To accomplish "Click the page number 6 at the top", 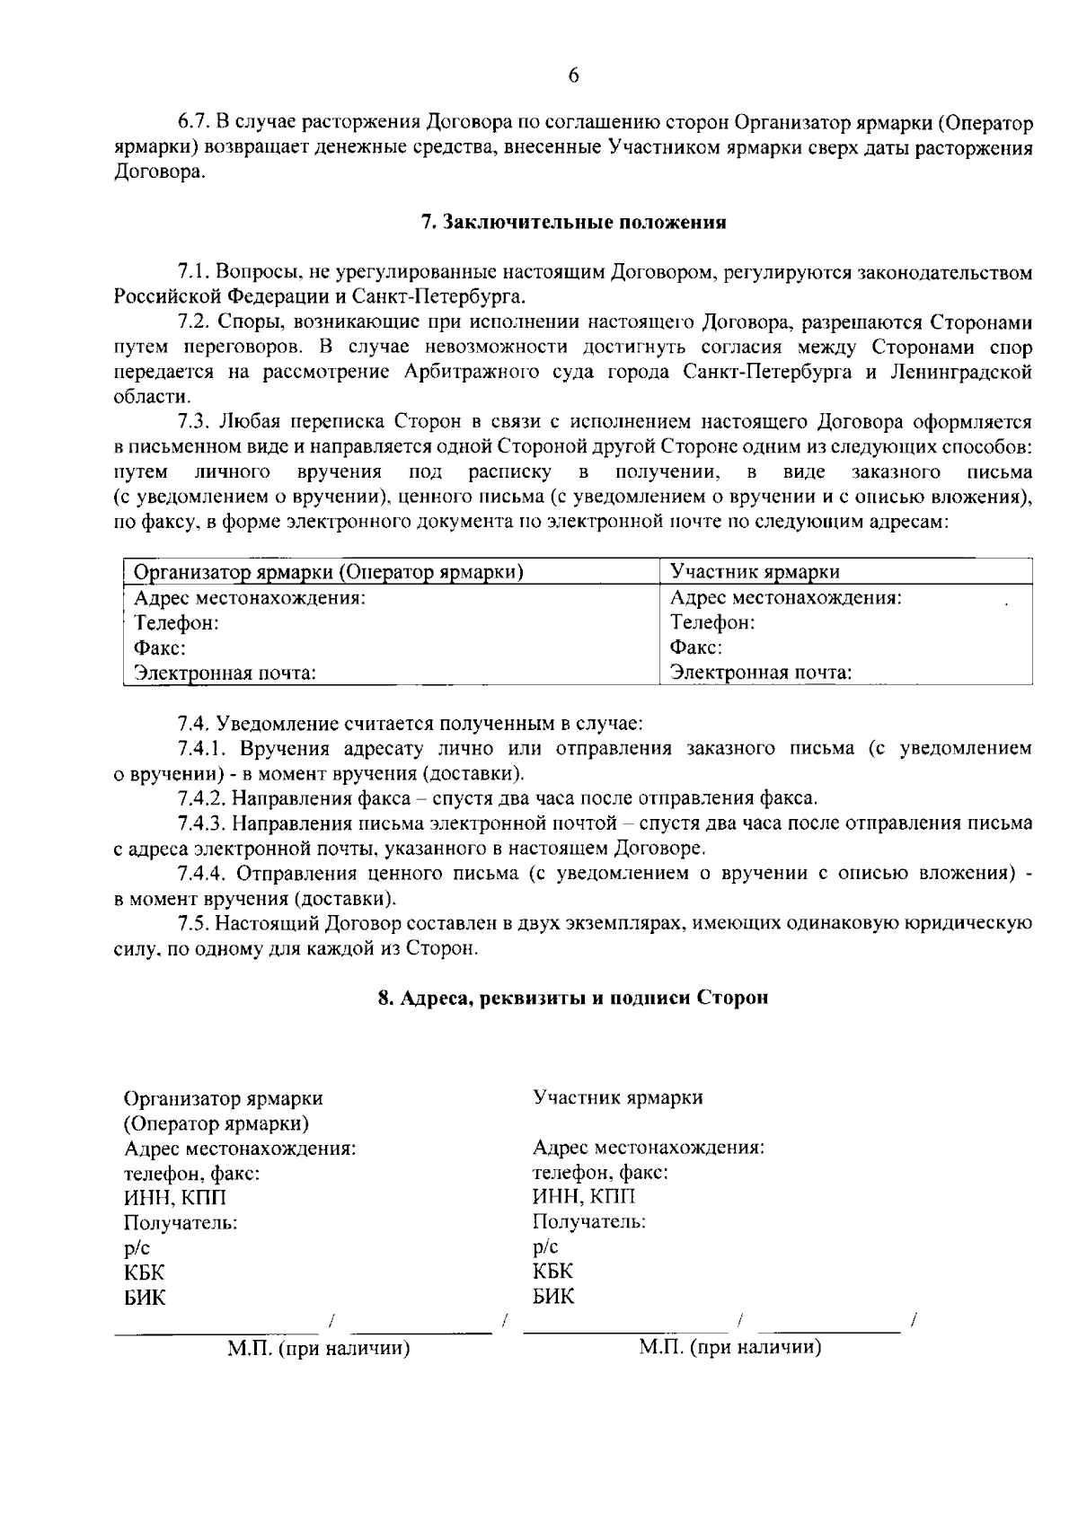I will coord(573,76).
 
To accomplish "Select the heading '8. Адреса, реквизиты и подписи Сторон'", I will coord(573,998).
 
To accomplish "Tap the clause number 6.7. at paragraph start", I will coord(192,122).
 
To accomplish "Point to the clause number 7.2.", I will coord(194,322).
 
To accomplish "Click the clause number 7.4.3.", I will coord(206,823).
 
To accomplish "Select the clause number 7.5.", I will coord(194,923).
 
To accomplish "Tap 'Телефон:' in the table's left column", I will coord(176,622).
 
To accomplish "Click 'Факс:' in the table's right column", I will coord(696,647).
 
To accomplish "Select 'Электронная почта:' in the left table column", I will coord(225,673).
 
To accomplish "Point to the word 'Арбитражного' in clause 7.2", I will coord(472,373).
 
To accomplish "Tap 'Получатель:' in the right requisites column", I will coord(588,1221).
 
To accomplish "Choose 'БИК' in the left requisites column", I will coord(145,1297).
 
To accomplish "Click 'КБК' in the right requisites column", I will coord(552,1272).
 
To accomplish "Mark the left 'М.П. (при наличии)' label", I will coord(319,1348).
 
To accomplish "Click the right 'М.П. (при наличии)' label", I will coord(730,1347).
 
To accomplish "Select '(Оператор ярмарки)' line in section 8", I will coord(216,1123).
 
